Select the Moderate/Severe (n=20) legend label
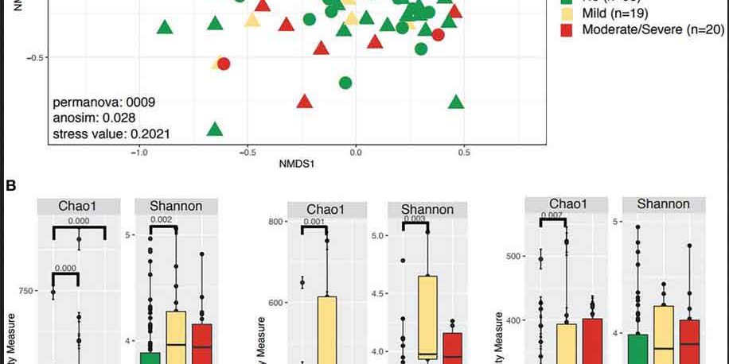tap(653, 29)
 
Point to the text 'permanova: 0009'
tap(103, 103)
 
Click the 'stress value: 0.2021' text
tap(111, 134)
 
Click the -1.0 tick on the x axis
tap(138, 151)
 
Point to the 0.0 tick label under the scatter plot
tap(355, 151)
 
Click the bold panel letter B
tap(10, 185)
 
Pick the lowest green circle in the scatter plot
tap(345, 83)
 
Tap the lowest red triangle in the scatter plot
tap(304, 102)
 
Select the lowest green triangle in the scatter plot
tap(214, 130)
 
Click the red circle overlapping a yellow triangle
tap(224, 64)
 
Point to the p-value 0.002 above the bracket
tap(162, 220)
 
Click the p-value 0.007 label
tap(552, 215)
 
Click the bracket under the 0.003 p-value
tap(415, 226)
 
